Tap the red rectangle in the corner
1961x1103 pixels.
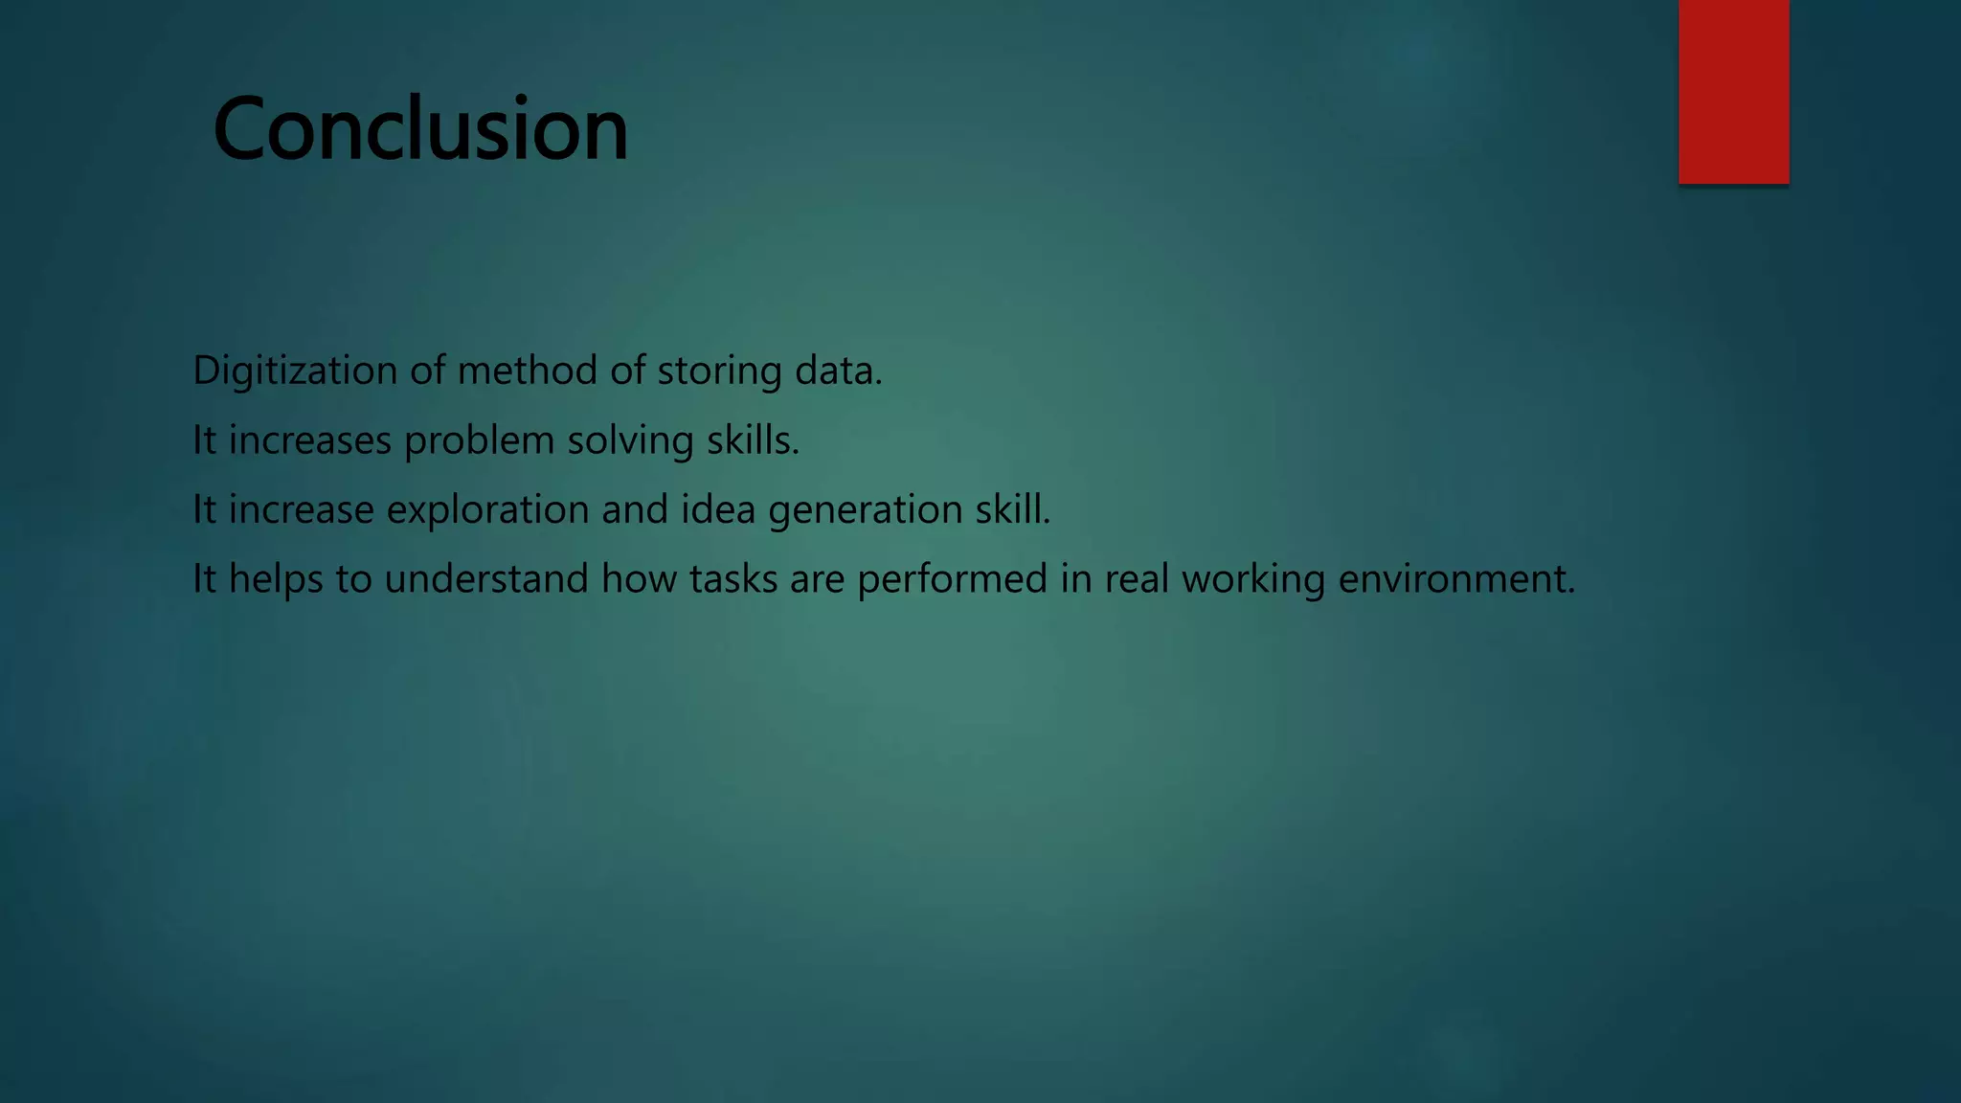tap(1733, 92)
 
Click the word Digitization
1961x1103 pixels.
tap(295, 371)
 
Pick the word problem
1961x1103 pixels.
tap(479, 440)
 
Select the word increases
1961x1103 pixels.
tap(310, 440)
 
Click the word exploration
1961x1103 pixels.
tap(487, 509)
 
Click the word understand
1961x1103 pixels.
tap(486, 579)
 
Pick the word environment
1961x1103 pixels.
tap(1454, 579)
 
